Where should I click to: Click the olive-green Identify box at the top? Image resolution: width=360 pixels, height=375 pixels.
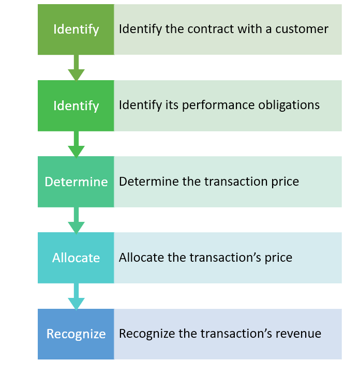point(76,29)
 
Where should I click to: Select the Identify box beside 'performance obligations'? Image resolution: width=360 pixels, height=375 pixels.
point(76,106)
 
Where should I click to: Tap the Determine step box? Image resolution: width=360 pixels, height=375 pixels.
point(76,182)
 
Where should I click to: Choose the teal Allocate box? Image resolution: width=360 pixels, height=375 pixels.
point(76,258)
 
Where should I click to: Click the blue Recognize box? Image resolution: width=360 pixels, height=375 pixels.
point(76,334)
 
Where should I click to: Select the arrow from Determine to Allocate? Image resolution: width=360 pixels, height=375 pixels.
point(76,220)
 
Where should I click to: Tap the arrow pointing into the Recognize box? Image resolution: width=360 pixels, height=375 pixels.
point(76,296)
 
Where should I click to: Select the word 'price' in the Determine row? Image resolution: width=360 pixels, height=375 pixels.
point(286,182)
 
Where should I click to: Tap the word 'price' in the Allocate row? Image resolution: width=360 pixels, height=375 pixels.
point(279,258)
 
